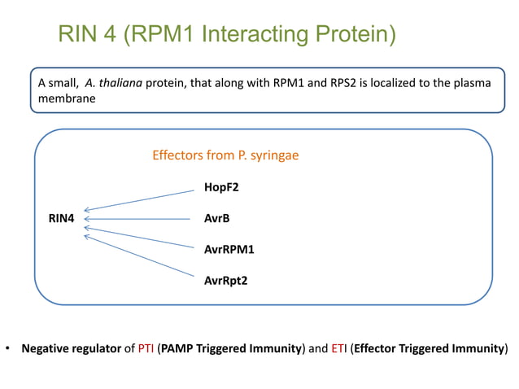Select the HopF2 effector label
tap(221, 188)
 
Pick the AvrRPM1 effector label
tap(229, 250)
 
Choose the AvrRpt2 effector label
tap(225, 281)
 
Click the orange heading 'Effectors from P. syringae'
tap(225, 155)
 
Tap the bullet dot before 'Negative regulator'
tap(8, 349)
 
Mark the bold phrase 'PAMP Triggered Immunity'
tap(231, 349)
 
